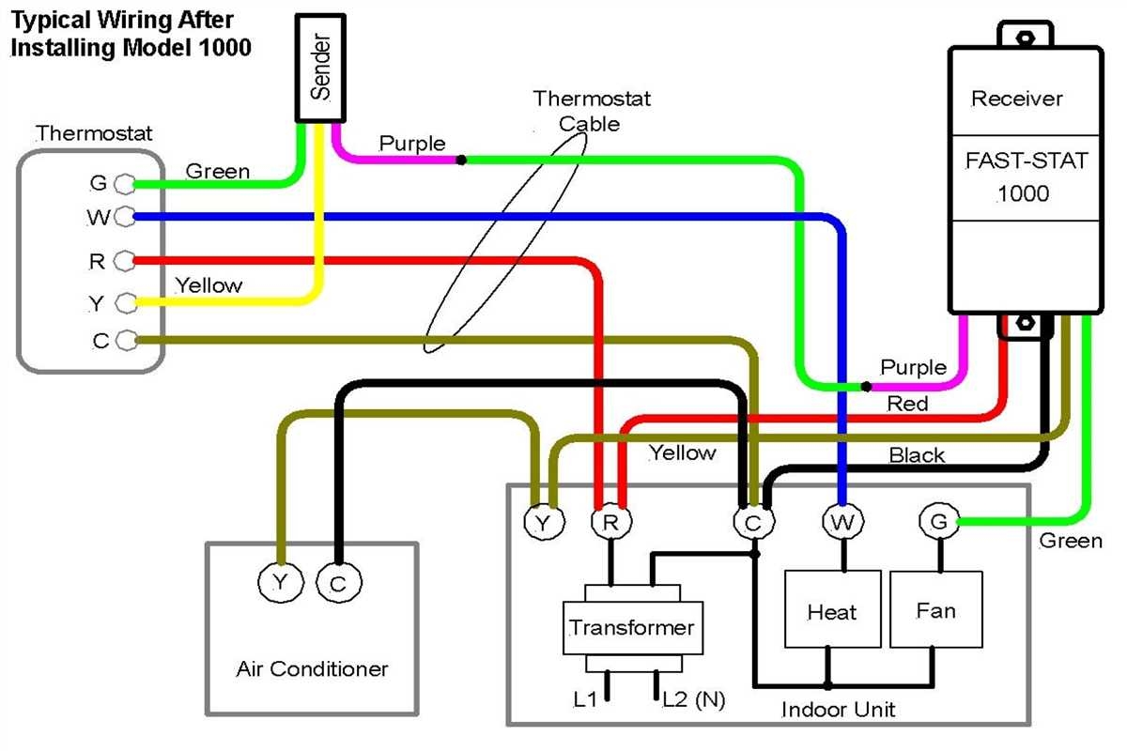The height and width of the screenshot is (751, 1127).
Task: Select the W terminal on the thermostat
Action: (x=125, y=218)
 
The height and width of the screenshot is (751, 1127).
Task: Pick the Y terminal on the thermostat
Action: (x=125, y=302)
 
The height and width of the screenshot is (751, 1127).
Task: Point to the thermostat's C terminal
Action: (x=125, y=340)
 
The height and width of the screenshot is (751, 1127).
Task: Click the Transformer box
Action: (x=632, y=628)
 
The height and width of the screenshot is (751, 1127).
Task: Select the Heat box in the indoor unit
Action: (x=832, y=611)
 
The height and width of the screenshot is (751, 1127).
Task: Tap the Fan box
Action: (x=935, y=610)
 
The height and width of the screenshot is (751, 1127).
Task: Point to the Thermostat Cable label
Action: (x=591, y=110)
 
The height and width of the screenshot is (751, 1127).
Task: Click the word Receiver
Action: (x=1016, y=99)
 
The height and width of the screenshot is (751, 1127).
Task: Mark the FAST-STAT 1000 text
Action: (x=1026, y=176)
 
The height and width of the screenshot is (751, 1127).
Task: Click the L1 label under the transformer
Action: (x=585, y=700)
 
